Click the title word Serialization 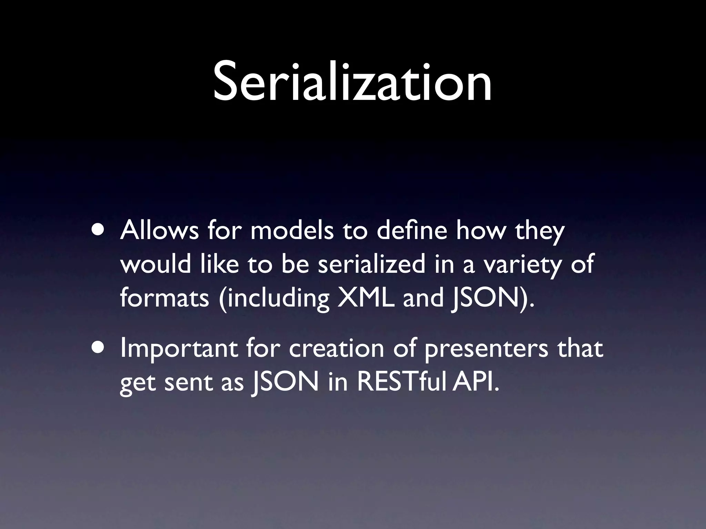coord(352,83)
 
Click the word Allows coord(159,231)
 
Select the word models coord(292,231)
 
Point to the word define coord(412,231)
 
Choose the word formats coord(164,298)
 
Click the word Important coord(179,349)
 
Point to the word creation coord(336,349)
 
